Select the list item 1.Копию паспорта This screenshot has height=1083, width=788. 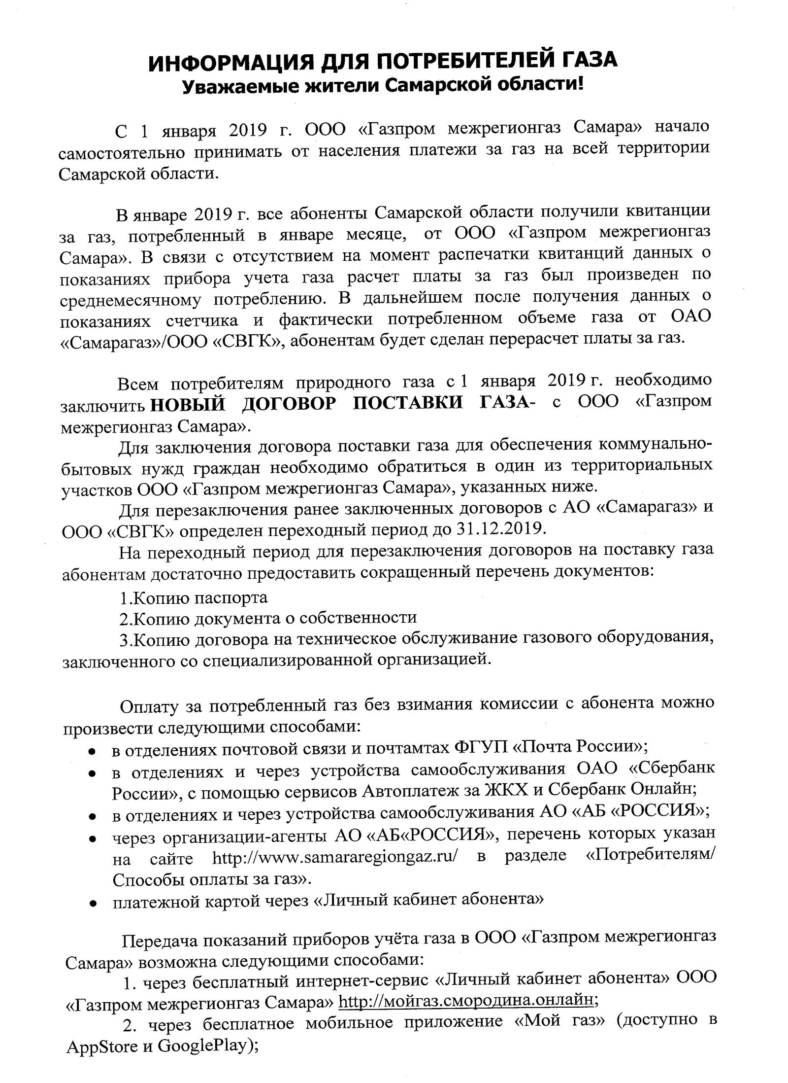[x=194, y=598]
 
